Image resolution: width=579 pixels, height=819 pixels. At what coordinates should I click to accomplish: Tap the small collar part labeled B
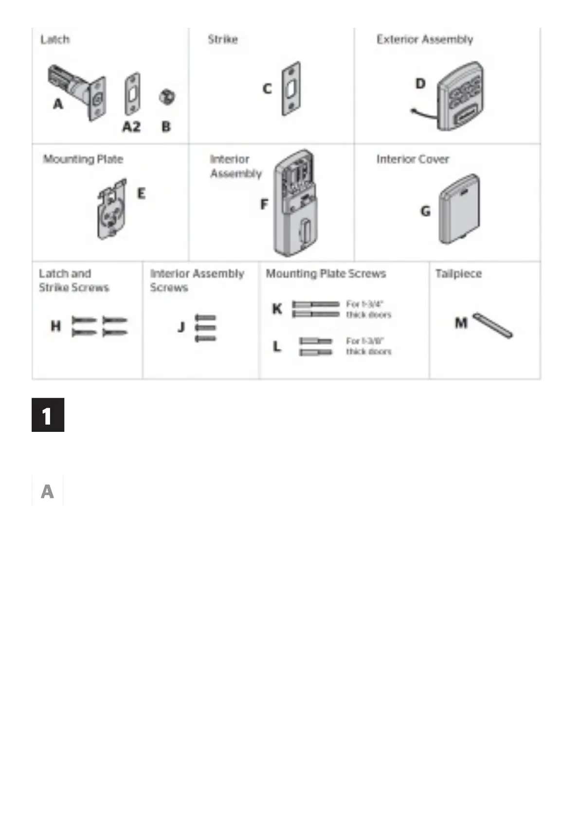click(167, 97)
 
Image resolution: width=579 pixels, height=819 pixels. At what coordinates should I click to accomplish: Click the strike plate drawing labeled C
click(291, 89)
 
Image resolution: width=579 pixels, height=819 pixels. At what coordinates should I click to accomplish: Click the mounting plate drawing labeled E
click(112, 210)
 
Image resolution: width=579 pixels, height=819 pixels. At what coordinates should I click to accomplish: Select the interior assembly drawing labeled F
click(293, 203)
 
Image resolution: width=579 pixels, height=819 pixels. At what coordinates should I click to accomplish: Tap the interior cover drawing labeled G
click(459, 209)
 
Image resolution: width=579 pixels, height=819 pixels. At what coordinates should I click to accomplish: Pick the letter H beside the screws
click(56, 326)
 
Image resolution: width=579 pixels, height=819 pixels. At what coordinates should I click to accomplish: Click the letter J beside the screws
click(181, 327)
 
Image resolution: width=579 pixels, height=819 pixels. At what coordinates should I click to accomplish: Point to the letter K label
click(277, 309)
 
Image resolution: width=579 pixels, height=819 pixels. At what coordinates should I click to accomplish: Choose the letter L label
click(277, 346)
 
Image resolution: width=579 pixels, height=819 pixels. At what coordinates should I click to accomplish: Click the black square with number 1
click(48, 415)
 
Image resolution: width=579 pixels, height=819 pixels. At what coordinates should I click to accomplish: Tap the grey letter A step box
click(47, 491)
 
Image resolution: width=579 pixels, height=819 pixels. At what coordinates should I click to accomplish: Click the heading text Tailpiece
click(458, 274)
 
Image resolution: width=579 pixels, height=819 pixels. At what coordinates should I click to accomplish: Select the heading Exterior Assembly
click(424, 39)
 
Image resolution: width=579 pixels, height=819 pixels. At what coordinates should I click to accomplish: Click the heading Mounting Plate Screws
click(326, 274)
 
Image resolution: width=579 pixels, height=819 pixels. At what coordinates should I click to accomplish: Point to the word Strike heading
click(223, 39)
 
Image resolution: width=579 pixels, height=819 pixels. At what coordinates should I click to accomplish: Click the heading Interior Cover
click(413, 159)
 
